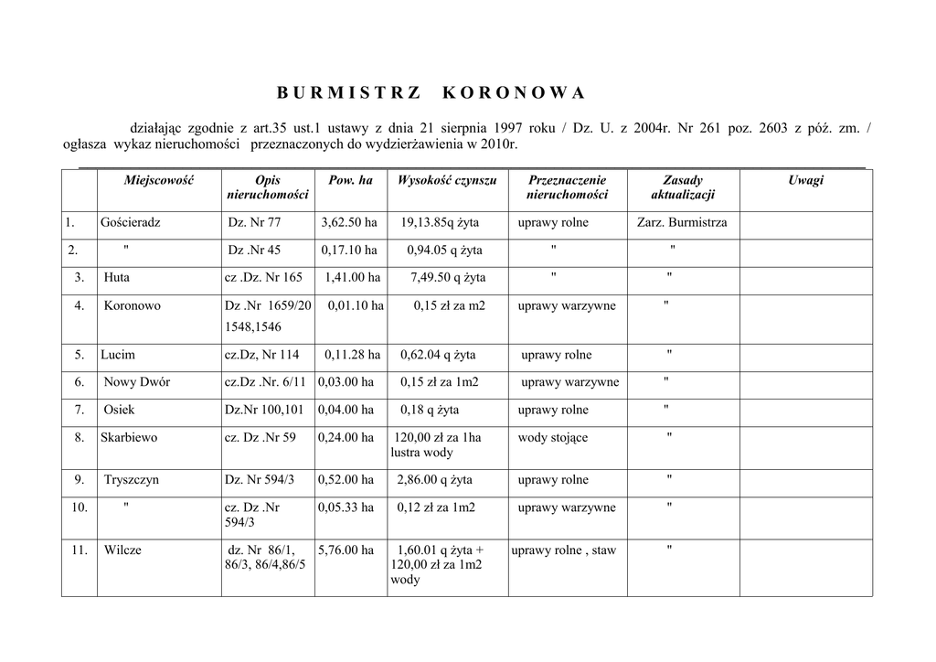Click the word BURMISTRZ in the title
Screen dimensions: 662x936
[348, 93]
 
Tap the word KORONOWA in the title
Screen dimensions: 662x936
[513, 93]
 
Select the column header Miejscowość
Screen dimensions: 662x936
[159, 181]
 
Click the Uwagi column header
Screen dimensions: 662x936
[805, 181]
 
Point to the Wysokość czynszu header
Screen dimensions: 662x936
[447, 181]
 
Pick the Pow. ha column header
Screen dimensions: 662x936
[350, 181]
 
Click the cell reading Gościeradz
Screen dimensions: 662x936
[131, 223]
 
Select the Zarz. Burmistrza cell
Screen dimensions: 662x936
[682, 223]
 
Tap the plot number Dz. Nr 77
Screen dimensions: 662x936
[254, 223]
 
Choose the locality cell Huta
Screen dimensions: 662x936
[116, 278]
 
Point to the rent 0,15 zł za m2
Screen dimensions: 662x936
[450, 306]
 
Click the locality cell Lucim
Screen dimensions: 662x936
[118, 355]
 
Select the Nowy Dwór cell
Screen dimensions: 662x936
[136, 382]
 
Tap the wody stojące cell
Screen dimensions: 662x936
[553, 438]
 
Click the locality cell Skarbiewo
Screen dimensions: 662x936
[129, 438]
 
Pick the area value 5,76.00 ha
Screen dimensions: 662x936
[346, 550]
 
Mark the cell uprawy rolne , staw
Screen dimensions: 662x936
[564, 550]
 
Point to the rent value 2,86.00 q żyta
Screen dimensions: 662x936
[435, 480]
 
